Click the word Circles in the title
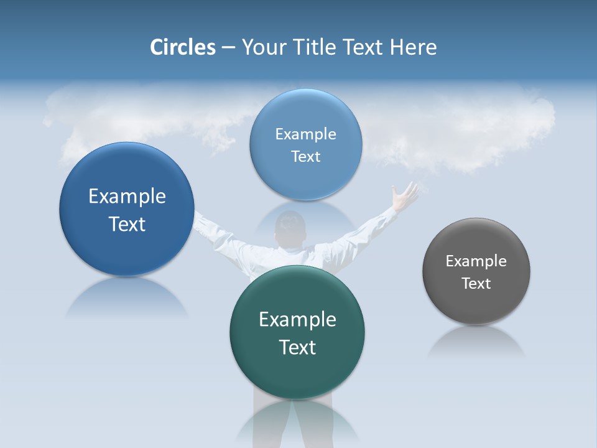tap(182, 47)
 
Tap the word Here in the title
tap(413, 47)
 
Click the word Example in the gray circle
tap(476, 261)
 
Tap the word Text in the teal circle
tap(297, 347)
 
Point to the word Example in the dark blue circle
tap(127, 197)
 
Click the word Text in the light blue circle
tap(305, 157)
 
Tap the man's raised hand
tap(405, 196)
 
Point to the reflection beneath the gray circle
tap(476, 342)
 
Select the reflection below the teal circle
tap(297, 423)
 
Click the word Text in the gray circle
tap(476, 284)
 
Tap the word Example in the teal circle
tap(297, 320)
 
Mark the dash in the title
tap(228, 47)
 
